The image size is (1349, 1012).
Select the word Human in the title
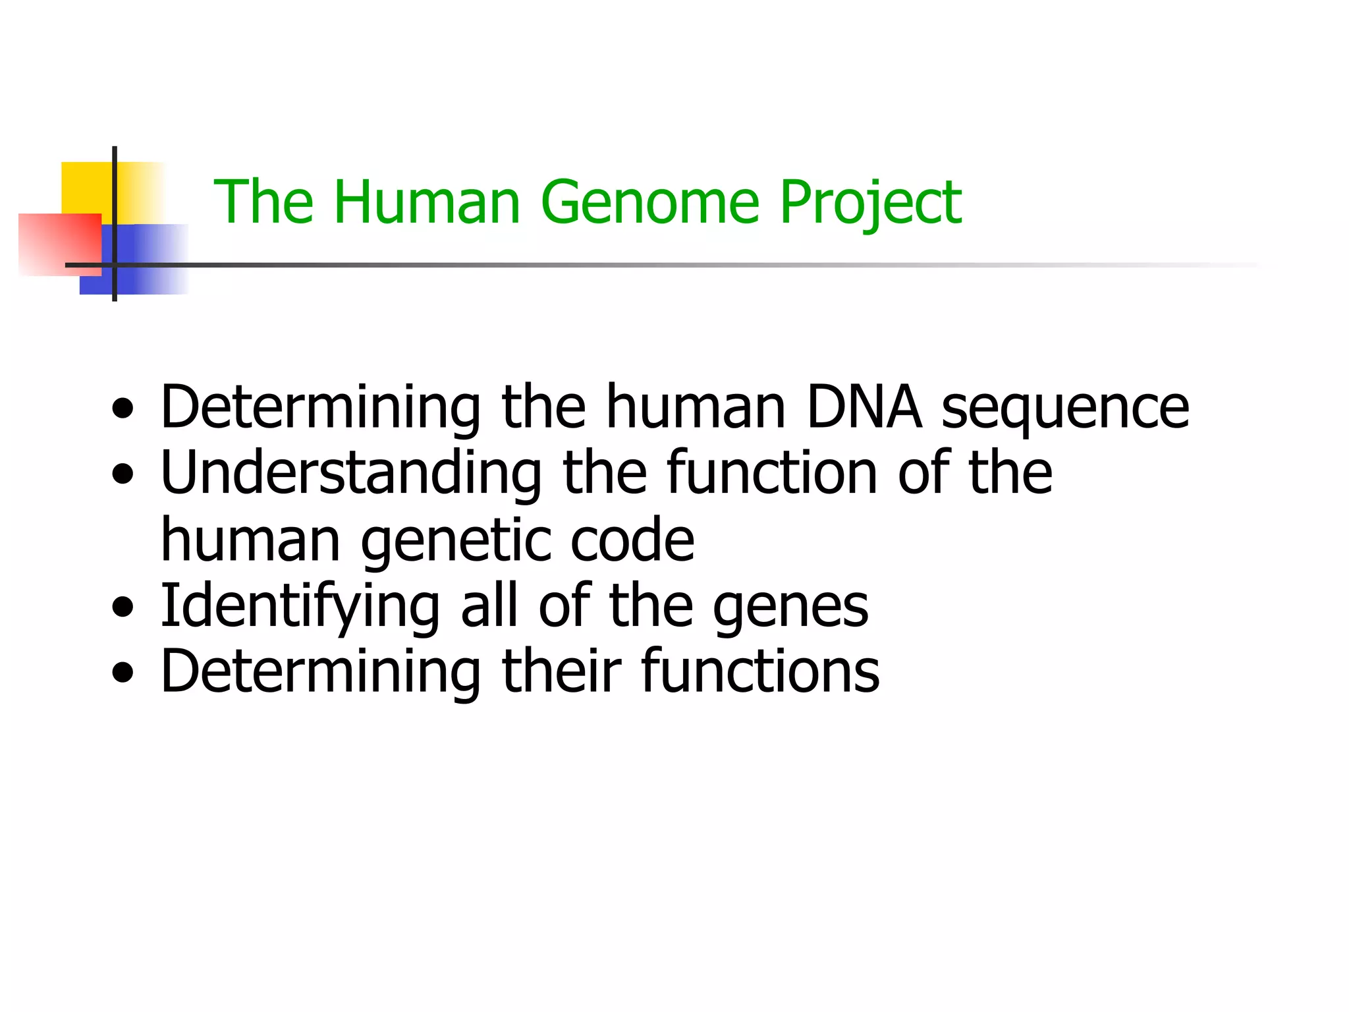pos(427,203)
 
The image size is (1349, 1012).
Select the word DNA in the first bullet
pos(864,407)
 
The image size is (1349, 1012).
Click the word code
pos(632,540)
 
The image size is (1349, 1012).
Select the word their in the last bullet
pos(561,671)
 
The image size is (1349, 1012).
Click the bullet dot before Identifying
pos(123,607)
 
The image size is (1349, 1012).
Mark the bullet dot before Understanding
pos(123,473)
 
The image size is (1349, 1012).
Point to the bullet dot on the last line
pos(123,673)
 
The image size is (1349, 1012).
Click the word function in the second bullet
pos(771,472)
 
